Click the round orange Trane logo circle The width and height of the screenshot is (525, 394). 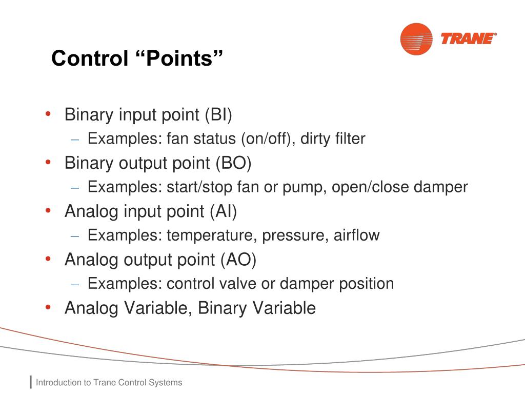[416, 39]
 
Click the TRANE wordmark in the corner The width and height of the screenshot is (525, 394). [469, 39]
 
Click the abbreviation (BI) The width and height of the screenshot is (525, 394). [218, 115]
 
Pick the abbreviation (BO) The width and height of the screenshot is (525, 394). [234, 163]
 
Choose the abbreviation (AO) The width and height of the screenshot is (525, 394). [238, 260]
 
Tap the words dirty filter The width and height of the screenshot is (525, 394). [333, 139]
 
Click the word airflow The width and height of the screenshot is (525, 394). [357, 235]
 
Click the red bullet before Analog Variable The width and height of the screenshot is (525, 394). [48, 307]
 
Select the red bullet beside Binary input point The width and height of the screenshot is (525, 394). [48, 114]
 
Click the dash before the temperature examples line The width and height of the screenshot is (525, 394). [75, 236]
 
